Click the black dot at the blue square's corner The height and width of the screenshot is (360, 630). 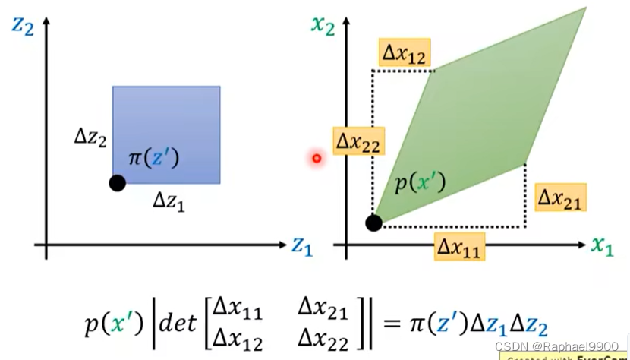pyautogui.click(x=117, y=182)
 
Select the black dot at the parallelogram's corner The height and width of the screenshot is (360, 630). pyautogui.click(x=373, y=223)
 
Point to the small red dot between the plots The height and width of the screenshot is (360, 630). pyautogui.click(x=317, y=158)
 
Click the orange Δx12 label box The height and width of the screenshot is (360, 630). pyautogui.click(x=404, y=53)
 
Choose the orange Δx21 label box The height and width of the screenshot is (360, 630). pyautogui.click(x=562, y=198)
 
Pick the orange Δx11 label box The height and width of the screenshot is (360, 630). pyautogui.click(x=460, y=246)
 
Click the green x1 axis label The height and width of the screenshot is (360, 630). pyautogui.click(x=602, y=246)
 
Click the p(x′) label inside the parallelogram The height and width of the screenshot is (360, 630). pyautogui.click(x=419, y=183)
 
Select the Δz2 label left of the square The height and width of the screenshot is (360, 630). pyautogui.click(x=90, y=137)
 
